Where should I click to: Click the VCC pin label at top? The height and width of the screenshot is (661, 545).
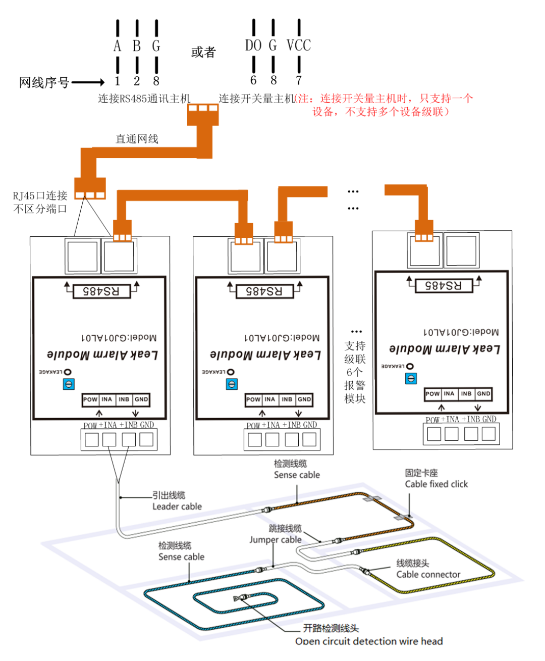coord(298,45)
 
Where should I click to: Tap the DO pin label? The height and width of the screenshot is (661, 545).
coord(253,45)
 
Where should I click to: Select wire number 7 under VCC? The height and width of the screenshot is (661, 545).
coord(299,80)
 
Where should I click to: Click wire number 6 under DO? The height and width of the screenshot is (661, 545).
coord(253,80)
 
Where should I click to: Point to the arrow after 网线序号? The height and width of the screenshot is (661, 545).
coord(88,82)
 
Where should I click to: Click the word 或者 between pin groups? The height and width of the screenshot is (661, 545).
coord(203,52)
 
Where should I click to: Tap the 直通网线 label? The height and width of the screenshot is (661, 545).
coord(137,139)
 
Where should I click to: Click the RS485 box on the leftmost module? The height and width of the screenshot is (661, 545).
coord(101,291)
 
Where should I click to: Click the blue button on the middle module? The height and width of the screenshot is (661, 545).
coord(232,384)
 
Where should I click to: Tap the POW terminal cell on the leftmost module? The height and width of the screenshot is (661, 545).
coord(90,399)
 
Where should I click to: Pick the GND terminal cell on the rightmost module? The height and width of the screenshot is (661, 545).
coord(483,394)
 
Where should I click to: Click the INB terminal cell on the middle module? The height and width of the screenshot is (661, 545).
coord(287,399)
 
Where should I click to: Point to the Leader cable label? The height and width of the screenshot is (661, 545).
coord(177,506)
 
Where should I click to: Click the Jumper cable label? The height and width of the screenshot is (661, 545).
coord(276,540)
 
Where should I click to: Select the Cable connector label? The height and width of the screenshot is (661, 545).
coord(428,575)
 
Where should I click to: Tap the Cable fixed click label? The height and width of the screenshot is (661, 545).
coord(436,484)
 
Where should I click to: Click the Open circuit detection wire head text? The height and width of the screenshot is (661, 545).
coord(369,641)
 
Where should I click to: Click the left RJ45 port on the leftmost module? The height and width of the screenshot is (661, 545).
coord(82,257)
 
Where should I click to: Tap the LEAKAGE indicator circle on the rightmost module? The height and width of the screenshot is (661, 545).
coord(410,366)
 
